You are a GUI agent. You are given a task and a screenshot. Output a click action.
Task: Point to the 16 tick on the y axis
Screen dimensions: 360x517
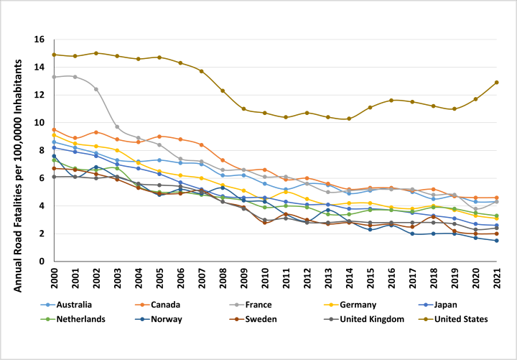[39, 39]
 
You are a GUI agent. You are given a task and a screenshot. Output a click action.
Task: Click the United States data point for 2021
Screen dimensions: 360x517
[496, 82]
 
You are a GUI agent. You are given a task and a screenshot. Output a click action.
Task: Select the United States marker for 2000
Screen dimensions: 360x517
[54, 55]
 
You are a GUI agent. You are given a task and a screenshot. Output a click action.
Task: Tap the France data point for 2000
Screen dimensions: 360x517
[54, 77]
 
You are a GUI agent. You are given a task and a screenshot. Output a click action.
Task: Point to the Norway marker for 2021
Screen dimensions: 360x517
[496, 241]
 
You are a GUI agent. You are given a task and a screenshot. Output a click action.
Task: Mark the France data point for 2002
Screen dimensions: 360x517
[96, 89]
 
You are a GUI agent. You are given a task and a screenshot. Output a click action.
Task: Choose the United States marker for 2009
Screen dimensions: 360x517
[243, 109]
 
